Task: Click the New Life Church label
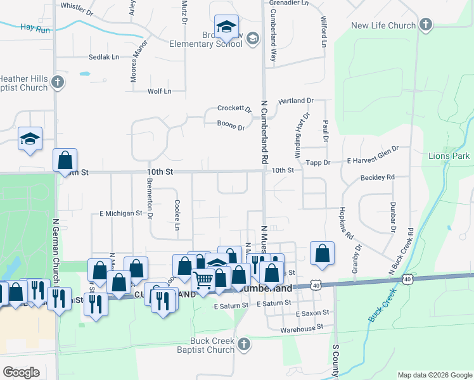click(x=383, y=25)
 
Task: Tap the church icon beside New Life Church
click(x=425, y=25)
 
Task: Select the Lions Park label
click(x=449, y=156)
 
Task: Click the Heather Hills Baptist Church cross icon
click(x=58, y=82)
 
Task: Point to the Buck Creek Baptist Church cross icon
click(x=244, y=345)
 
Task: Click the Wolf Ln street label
click(x=159, y=91)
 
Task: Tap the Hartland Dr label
click(x=296, y=101)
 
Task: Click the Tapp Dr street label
click(x=319, y=163)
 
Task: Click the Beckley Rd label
click(x=377, y=177)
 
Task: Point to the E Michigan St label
click(x=121, y=214)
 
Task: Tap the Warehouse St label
click(x=302, y=327)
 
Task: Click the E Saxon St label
click(x=312, y=313)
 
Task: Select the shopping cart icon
click(x=203, y=279)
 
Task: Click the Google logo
click(x=21, y=372)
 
